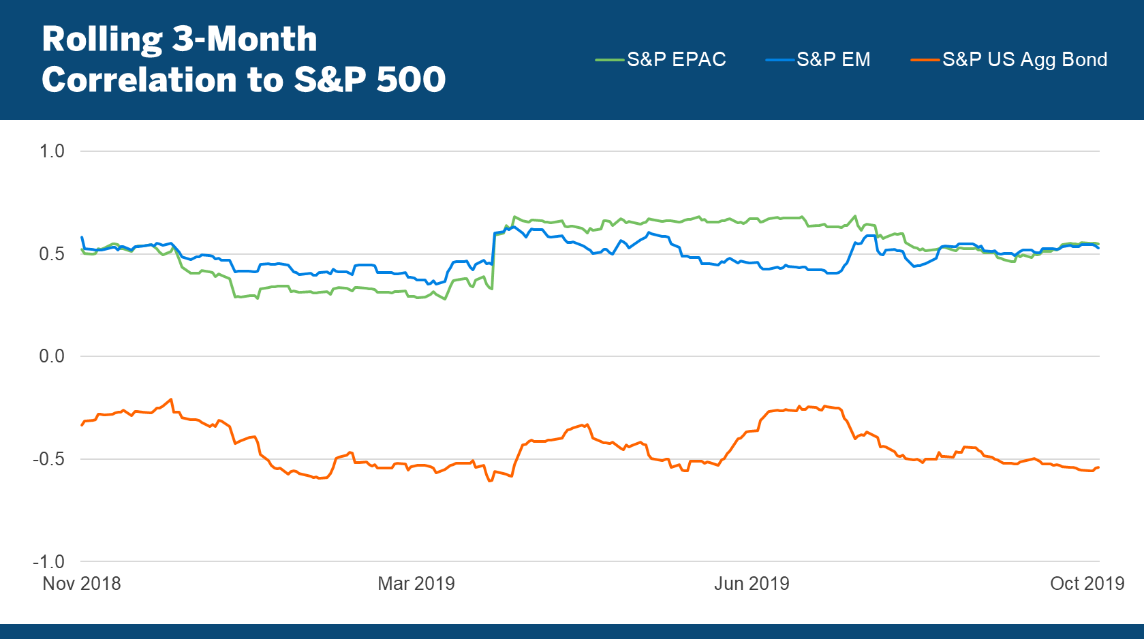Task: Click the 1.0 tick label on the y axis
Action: tap(52, 151)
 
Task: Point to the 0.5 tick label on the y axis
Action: tap(52, 254)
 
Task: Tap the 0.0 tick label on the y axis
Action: tap(52, 356)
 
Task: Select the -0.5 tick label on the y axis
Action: tap(48, 459)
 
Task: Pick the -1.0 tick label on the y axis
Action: tap(48, 562)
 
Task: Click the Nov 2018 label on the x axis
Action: tap(82, 584)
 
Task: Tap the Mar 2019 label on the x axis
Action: tap(416, 584)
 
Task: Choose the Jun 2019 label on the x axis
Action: tap(752, 584)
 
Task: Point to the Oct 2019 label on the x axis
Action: tap(1087, 584)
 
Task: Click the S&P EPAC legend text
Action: tap(677, 60)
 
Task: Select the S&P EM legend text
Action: tap(833, 60)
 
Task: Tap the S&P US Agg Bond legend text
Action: tap(1025, 60)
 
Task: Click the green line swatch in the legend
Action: tap(610, 60)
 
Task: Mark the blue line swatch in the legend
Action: tap(779, 60)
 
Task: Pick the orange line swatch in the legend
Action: tap(925, 60)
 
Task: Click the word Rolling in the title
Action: tap(102, 40)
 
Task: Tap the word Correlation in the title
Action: tap(140, 80)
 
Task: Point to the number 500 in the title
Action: tap(411, 80)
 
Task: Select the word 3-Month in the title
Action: tap(245, 40)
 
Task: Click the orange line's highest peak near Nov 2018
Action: tap(171, 399)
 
